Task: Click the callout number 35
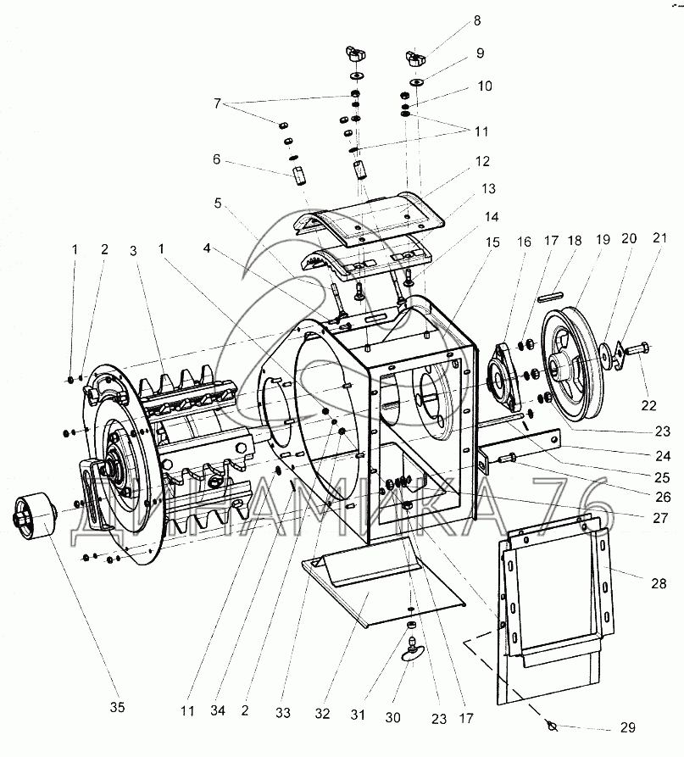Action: (117, 707)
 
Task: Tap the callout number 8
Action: (477, 20)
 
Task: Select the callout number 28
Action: (659, 583)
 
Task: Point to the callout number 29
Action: (627, 727)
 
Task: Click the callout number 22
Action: (648, 405)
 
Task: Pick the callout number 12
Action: (482, 161)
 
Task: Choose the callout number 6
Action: (217, 159)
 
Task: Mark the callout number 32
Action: (322, 713)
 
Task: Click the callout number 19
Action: (603, 239)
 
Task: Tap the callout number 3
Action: (133, 251)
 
